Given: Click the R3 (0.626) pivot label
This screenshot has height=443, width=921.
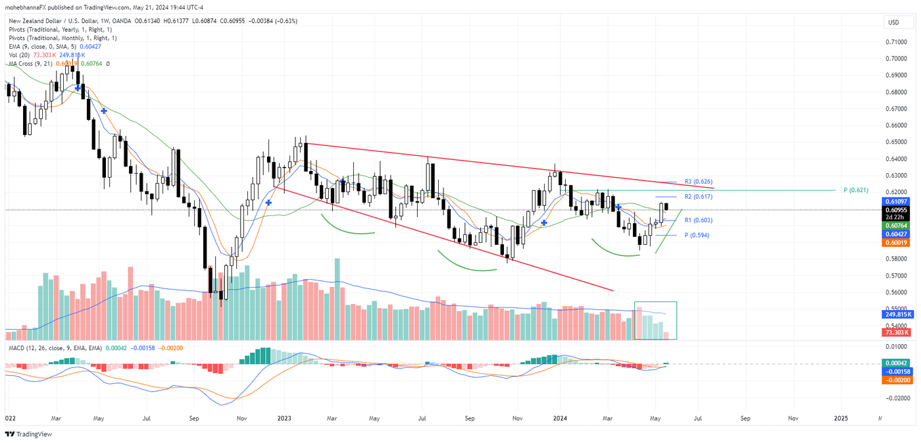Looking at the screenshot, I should [x=698, y=181].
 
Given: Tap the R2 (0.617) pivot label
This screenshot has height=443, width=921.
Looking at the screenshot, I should [x=698, y=197].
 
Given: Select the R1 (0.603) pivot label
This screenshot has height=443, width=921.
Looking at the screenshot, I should [x=698, y=220].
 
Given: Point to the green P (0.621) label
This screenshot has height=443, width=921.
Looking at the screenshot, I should [x=855, y=190].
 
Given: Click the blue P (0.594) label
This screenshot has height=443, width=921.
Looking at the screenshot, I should [x=696, y=235].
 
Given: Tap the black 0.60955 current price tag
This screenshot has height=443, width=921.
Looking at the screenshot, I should [x=896, y=210].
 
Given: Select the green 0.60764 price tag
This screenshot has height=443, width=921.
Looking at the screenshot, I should [x=896, y=226].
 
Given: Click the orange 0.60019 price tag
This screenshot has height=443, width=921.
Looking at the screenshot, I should [x=896, y=243].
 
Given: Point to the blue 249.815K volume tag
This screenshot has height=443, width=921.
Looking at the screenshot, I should [x=896, y=315].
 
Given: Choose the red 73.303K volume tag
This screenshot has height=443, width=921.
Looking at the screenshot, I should [x=896, y=334].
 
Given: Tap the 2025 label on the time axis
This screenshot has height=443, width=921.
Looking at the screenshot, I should [x=840, y=418].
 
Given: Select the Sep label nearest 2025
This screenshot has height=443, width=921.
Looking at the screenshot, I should [x=745, y=418].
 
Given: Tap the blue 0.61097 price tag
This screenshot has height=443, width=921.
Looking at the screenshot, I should [x=896, y=201].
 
